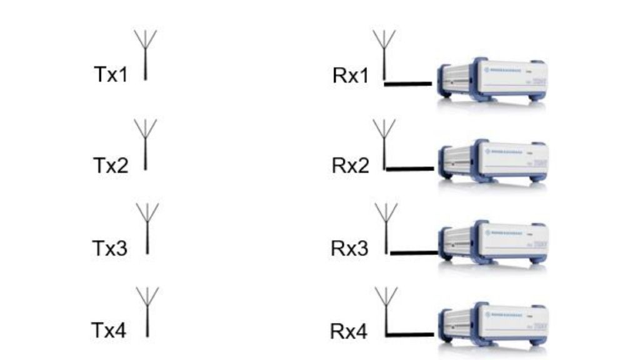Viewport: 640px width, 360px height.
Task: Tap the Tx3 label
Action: pyautogui.click(x=110, y=248)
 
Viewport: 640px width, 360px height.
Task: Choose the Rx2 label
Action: pyautogui.click(x=351, y=166)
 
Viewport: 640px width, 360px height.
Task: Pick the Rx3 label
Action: pyautogui.click(x=350, y=248)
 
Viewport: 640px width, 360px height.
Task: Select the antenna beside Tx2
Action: pyautogui.click(x=146, y=145)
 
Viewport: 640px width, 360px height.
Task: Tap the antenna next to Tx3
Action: pyautogui.click(x=147, y=228)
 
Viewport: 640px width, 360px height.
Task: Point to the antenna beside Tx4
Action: pyautogui.click(x=147, y=311)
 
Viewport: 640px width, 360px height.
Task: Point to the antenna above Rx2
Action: pyautogui.click(x=384, y=142)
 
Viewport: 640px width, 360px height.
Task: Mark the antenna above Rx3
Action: pyautogui.click(x=387, y=226)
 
